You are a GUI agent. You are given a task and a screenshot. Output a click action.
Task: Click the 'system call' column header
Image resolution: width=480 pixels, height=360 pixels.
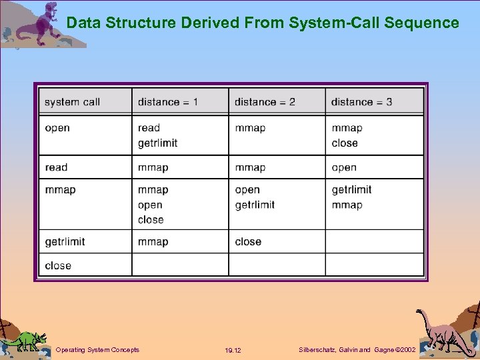pyautogui.click(x=72, y=102)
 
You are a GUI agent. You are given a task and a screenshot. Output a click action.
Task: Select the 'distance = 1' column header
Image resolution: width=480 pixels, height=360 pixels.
pyautogui.click(x=168, y=102)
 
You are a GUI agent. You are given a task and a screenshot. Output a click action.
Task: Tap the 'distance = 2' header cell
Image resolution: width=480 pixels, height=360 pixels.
pyautogui.click(x=265, y=102)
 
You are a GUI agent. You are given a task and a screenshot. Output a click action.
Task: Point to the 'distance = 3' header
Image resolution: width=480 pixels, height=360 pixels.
pyautogui.click(x=361, y=102)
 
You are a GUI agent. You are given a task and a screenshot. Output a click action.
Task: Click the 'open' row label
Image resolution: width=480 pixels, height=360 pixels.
pyautogui.click(x=57, y=128)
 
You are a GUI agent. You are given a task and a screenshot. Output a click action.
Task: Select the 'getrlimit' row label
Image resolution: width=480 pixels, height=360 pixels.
pyautogui.click(x=65, y=241)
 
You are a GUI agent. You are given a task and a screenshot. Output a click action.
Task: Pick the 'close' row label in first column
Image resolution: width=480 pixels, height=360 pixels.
pyautogui.click(x=58, y=265)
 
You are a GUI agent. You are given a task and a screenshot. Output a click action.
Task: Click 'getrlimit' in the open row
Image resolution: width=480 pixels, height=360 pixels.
pyautogui.click(x=157, y=143)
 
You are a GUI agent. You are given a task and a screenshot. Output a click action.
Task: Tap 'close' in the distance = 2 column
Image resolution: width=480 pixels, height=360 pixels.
pyautogui.click(x=248, y=241)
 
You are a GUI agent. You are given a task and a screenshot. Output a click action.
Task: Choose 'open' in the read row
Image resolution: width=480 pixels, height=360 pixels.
pyautogui.click(x=344, y=167)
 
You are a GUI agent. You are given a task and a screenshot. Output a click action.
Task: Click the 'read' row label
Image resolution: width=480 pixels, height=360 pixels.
pyautogui.click(x=57, y=167)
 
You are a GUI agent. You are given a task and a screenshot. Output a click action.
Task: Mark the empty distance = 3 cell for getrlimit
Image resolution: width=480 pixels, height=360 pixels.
pyautogui.click(x=374, y=241)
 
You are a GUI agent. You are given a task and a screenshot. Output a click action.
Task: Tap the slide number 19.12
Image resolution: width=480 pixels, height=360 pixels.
pyautogui.click(x=233, y=350)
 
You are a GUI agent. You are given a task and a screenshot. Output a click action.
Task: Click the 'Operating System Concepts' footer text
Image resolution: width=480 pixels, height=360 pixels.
pyautogui.click(x=97, y=349)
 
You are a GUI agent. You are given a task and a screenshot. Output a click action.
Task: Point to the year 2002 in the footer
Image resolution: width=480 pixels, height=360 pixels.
pyautogui.click(x=406, y=349)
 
